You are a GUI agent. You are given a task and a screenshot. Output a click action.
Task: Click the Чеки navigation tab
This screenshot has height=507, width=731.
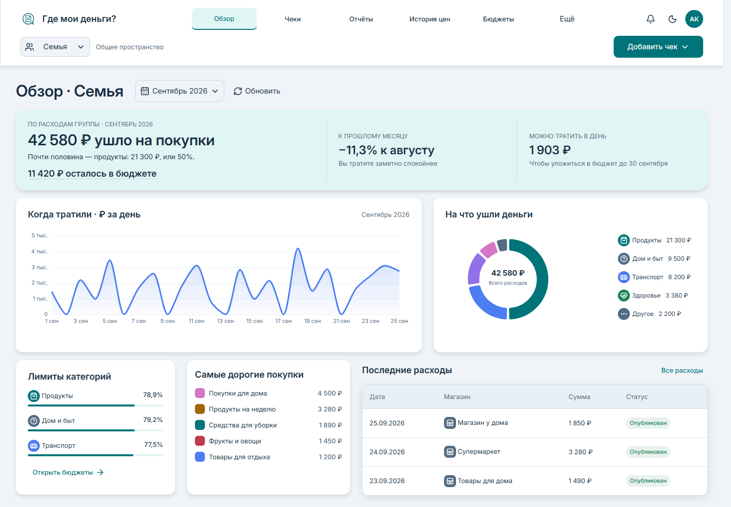tap(292, 19)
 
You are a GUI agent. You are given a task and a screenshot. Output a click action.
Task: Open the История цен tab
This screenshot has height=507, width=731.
tap(430, 19)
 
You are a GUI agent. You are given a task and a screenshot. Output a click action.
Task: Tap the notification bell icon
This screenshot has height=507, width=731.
tap(650, 19)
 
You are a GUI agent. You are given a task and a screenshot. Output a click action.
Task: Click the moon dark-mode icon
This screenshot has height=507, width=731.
tap(672, 19)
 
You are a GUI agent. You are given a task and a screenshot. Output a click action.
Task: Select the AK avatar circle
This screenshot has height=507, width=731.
tap(694, 19)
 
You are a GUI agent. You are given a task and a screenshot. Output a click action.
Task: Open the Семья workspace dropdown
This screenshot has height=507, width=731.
tap(55, 47)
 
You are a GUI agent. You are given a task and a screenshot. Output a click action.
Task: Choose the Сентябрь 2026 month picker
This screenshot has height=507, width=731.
tap(180, 91)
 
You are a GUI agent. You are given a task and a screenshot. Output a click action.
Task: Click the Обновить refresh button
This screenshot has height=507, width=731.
tap(257, 91)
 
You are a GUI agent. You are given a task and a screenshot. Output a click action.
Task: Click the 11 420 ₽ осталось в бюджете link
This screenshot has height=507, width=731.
tap(92, 173)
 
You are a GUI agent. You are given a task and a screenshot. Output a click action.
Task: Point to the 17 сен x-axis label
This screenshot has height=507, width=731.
tap(283, 321)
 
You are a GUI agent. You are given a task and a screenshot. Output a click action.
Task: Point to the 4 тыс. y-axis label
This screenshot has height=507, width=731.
tap(39, 251)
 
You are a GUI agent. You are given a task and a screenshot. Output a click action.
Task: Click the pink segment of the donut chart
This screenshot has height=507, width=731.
tap(488, 250)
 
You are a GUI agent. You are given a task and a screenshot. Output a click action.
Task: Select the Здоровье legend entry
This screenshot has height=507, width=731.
tap(653, 296)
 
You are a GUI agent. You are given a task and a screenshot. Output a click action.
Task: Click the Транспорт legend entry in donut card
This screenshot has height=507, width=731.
tap(654, 277)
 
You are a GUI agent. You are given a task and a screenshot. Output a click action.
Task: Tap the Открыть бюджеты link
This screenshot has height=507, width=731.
tap(68, 472)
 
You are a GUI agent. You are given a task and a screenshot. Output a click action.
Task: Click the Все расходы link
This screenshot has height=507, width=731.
tap(682, 371)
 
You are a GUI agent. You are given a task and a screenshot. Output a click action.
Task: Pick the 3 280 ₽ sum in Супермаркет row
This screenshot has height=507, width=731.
tap(580, 452)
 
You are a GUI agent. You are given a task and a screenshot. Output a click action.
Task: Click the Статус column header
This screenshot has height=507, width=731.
tap(637, 397)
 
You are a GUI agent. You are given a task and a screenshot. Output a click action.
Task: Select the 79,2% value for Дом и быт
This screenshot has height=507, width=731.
tap(153, 419)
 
